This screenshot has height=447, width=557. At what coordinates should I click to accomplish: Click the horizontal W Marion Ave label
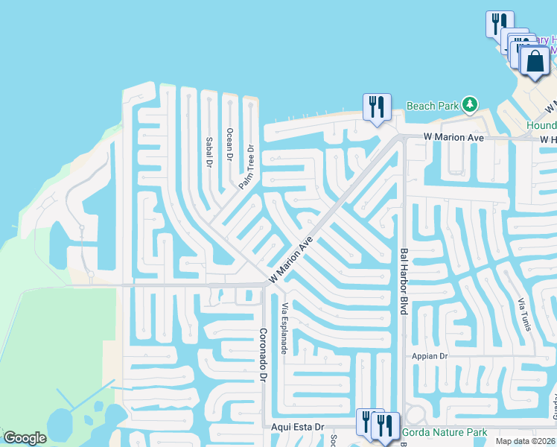click(453, 138)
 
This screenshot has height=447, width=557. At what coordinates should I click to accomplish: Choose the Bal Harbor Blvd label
click(404, 281)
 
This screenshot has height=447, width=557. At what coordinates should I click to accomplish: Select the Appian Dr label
click(430, 356)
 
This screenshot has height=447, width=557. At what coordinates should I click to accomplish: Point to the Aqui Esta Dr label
click(298, 427)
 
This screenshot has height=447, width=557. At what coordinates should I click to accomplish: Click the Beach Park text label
click(432, 106)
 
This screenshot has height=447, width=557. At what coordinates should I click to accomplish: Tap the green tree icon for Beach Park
click(469, 105)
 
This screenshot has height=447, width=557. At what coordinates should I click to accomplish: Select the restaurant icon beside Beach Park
click(377, 107)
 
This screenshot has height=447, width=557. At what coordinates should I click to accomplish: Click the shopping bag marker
click(535, 62)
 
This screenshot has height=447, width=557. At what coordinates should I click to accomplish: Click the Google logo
click(25, 437)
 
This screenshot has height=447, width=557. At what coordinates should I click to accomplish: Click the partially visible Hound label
click(541, 126)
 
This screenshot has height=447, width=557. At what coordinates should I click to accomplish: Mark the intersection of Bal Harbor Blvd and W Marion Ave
click(402, 137)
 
